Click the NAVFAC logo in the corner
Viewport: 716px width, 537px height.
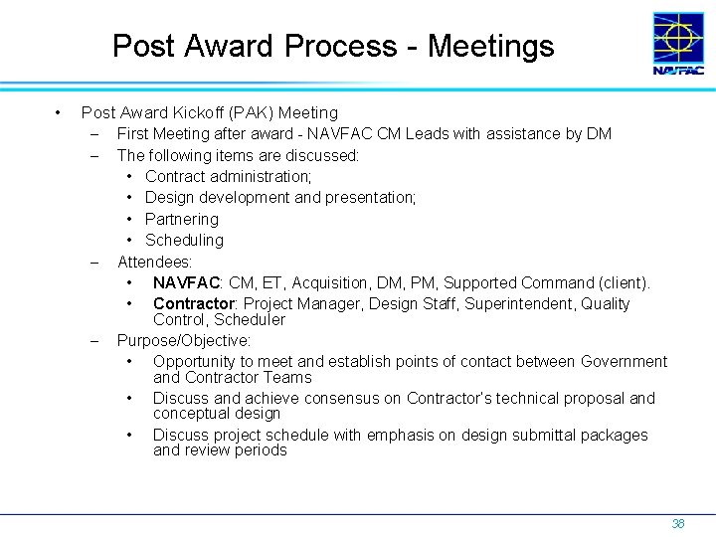(678, 44)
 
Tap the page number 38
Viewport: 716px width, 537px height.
(678, 523)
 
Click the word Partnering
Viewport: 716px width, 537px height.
(181, 219)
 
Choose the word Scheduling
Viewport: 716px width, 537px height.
(184, 240)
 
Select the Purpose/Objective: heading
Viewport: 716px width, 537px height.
(184, 341)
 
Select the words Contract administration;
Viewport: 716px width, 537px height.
(228, 176)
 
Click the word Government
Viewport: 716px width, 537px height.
(624, 361)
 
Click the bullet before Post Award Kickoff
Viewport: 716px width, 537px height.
(60, 112)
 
